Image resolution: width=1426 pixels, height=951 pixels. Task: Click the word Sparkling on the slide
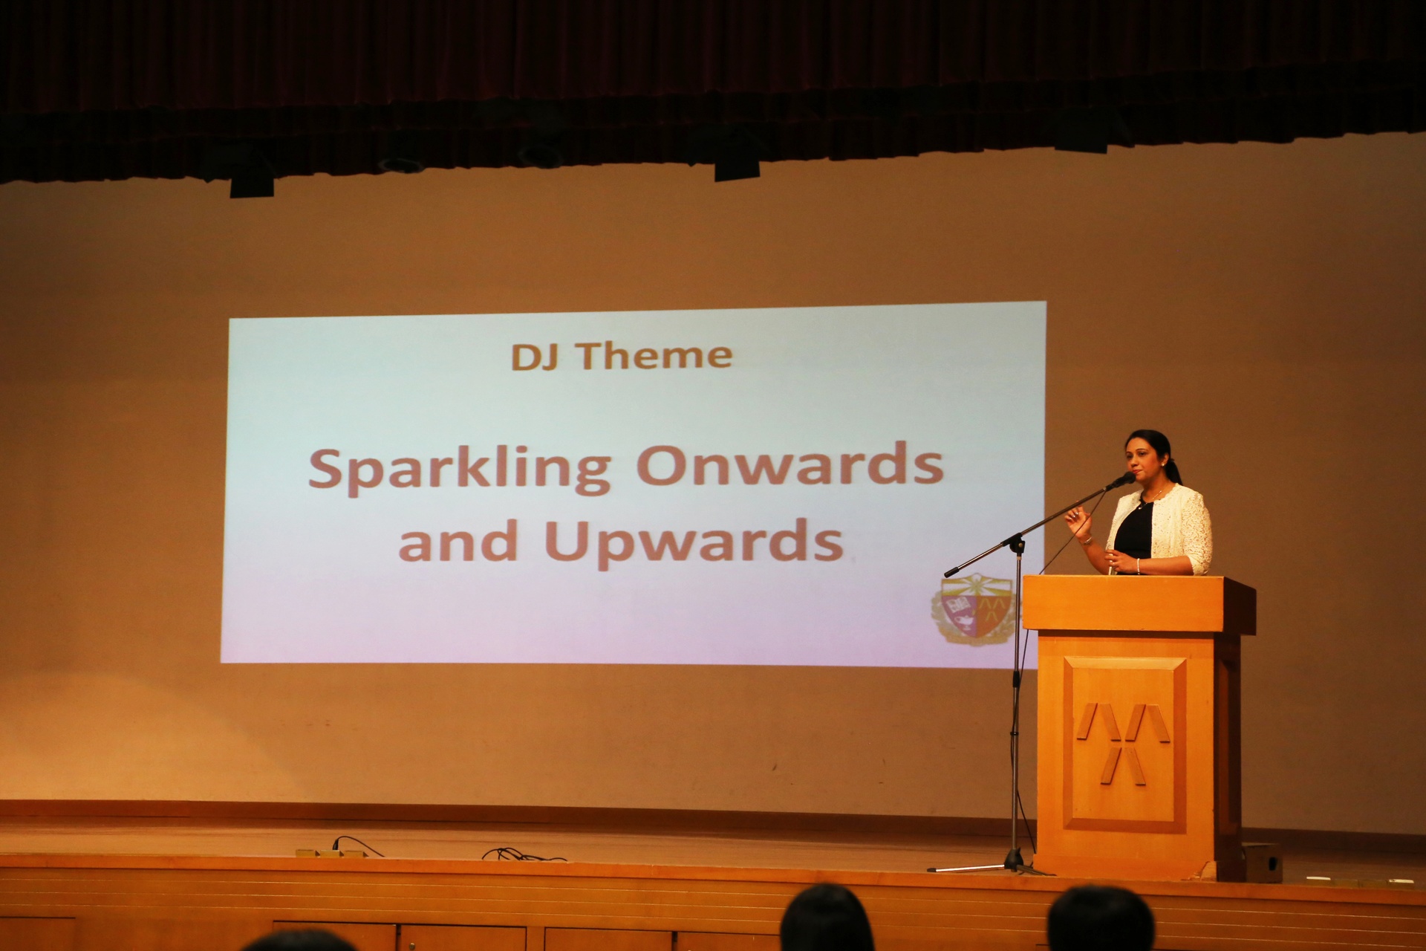pos(459,470)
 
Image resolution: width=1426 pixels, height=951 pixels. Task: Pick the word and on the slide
pos(458,540)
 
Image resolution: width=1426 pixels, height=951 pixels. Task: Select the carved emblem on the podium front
pos(1124,743)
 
